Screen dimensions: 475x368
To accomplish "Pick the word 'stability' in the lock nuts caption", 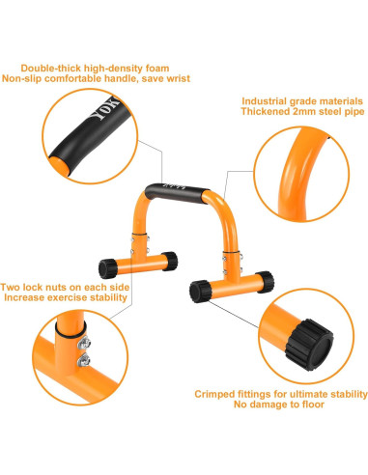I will tap(104, 298).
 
